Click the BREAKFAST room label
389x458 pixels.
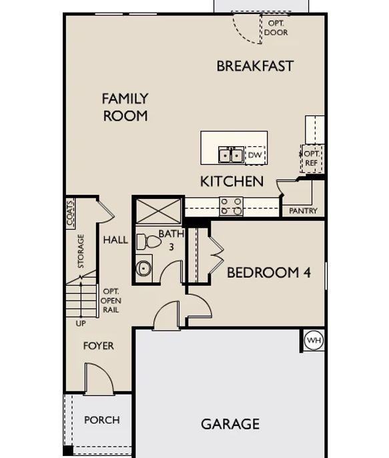(255, 66)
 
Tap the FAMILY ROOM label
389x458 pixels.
(125, 107)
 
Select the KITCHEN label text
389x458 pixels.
(232, 182)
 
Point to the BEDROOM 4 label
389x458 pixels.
(269, 272)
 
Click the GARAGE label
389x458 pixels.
(230, 424)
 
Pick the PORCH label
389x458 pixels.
(102, 420)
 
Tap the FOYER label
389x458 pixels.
(98, 346)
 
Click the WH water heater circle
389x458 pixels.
(314, 340)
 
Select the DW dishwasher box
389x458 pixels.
(255, 155)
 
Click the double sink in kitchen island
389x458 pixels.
(231, 155)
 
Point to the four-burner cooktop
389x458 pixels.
(231, 206)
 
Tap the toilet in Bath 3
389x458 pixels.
(149, 242)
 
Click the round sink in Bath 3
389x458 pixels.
(144, 268)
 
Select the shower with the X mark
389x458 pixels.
(159, 212)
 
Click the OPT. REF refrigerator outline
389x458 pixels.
(312, 159)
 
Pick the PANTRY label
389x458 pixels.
(303, 210)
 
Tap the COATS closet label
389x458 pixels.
(70, 212)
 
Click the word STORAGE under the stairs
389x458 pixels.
(81, 251)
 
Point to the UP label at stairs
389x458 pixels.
(81, 323)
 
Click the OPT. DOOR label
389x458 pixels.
(276, 28)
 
